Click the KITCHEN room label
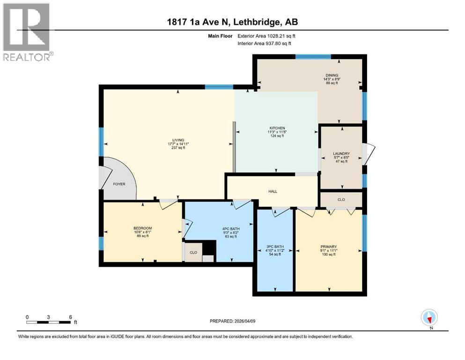(x=277, y=128)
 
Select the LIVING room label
(x=178, y=140)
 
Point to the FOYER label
(x=119, y=184)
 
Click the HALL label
(x=273, y=191)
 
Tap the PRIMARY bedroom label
(x=328, y=247)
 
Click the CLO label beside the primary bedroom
(x=341, y=200)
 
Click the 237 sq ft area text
(x=178, y=148)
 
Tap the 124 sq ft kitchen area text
(x=277, y=136)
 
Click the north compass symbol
(x=429, y=318)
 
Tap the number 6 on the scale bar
(x=70, y=317)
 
